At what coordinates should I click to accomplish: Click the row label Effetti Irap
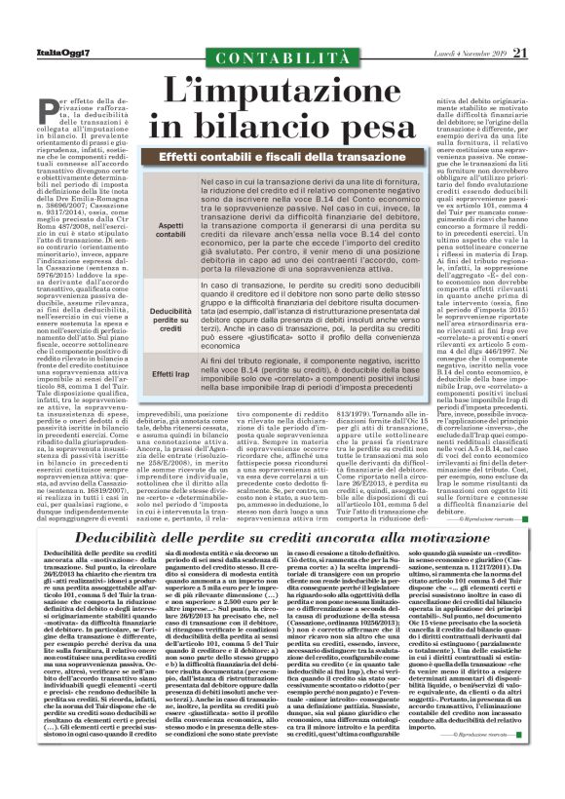coord(171,373)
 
